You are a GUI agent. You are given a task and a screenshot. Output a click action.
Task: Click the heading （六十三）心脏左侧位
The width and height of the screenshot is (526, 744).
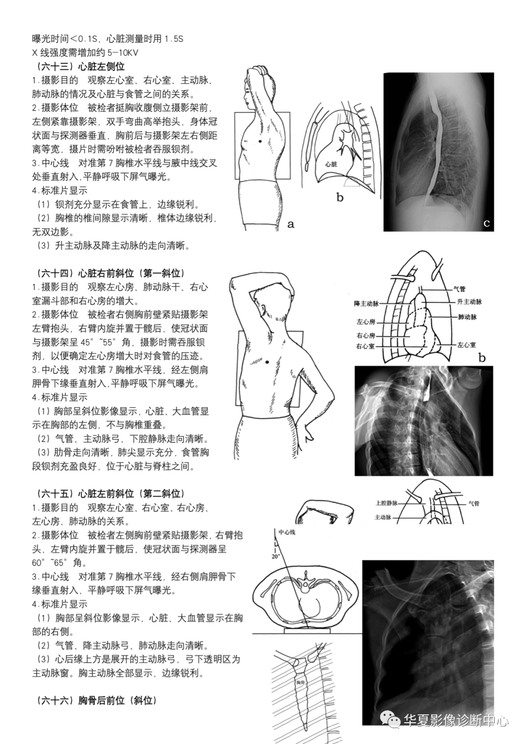(78, 67)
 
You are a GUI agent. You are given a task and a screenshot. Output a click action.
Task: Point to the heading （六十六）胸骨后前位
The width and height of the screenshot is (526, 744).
(94, 701)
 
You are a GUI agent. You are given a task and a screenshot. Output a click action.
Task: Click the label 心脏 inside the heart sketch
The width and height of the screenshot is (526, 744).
(331, 164)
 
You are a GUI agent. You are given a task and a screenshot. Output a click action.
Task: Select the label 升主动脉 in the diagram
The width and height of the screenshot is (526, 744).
(470, 302)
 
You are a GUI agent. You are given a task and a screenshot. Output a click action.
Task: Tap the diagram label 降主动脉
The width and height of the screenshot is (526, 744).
(366, 304)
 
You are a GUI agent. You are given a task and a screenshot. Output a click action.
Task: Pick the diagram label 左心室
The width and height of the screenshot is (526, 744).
(466, 344)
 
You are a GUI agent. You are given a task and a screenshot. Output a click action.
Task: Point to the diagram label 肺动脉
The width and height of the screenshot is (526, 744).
(468, 317)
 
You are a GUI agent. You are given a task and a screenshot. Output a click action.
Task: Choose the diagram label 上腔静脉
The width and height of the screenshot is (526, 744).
(387, 503)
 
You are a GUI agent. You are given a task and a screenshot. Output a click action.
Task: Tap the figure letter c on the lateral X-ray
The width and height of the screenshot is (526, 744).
(487, 224)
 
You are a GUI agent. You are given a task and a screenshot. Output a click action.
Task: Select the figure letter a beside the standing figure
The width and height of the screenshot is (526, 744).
(291, 224)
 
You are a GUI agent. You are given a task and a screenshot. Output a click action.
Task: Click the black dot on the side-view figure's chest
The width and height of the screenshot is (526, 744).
(259, 141)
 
